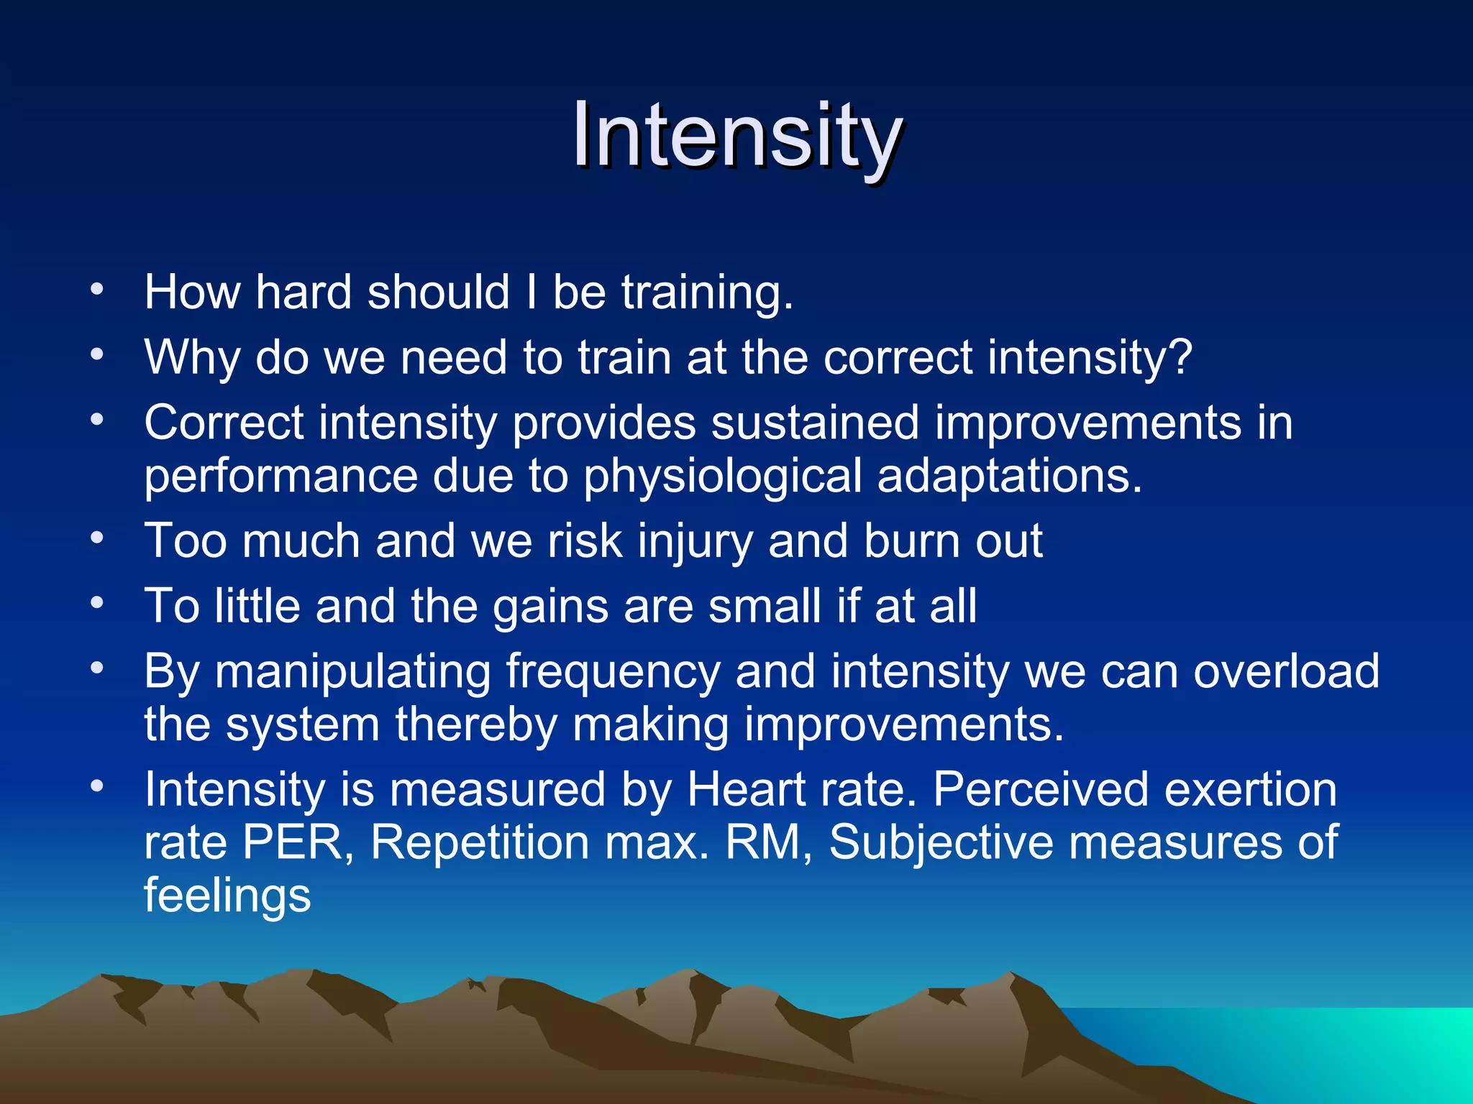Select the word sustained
[x=815, y=423]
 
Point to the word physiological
[x=722, y=477]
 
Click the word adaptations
[x=1008, y=476]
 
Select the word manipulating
[x=352, y=672]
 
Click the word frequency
[x=613, y=672]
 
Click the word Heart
[x=746, y=789]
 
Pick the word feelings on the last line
[x=227, y=896]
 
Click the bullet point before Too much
[x=97, y=538]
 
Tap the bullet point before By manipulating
[x=97, y=668]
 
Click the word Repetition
[x=480, y=842]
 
